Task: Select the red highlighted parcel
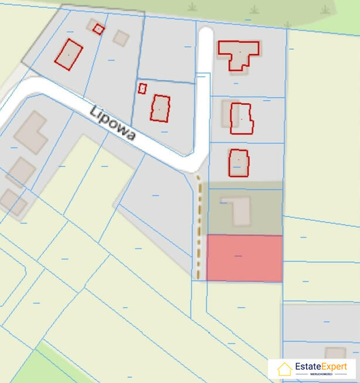244,258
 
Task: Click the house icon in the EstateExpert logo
284,369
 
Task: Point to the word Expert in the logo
332,367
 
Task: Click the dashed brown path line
199,228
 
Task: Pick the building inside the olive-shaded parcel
240,210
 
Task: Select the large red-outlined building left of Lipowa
69,54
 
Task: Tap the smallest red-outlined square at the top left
99,29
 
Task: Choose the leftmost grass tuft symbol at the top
192,7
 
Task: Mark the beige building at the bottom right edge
335,353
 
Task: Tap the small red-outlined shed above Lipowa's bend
142,88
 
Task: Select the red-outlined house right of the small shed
160,108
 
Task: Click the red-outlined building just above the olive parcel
239,163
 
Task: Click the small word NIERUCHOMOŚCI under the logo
321,374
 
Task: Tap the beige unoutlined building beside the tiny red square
121,38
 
